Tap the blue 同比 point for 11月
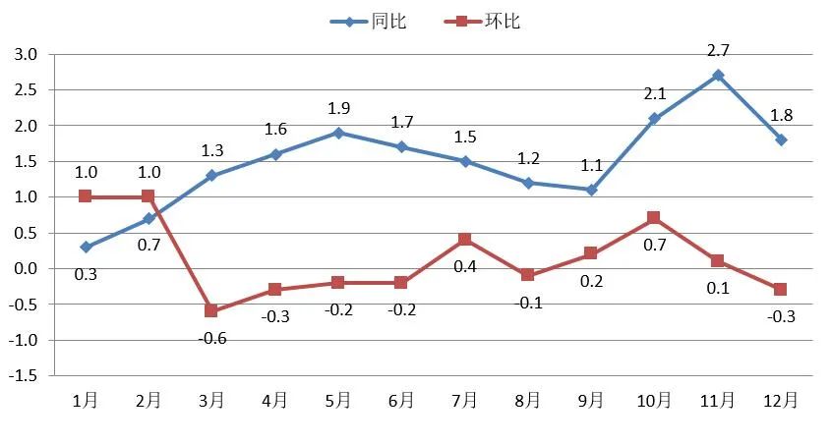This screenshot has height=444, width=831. [x=718, y=75]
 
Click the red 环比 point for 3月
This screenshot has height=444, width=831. [x=211, y=310]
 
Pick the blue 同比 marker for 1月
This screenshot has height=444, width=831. [x=86, y=247]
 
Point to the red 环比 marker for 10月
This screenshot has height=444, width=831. [x=654, y=218]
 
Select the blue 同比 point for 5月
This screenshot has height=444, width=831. [x=338, y=133]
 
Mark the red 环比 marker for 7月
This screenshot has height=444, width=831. [x=464, y=240]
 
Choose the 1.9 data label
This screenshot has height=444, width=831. [x=338, y=108]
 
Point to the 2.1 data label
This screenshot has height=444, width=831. [x=654, y=94]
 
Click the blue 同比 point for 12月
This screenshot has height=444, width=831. [x=781, y=139]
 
